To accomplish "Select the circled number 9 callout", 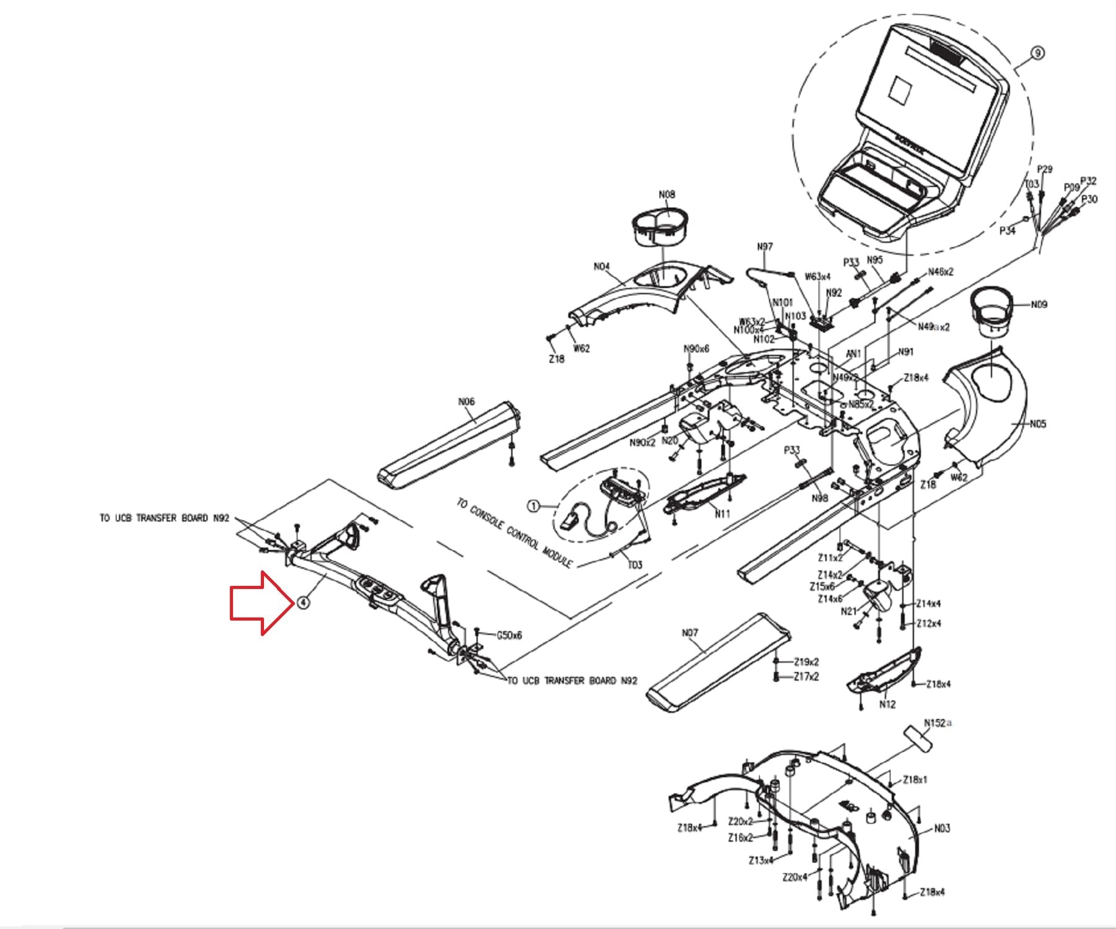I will [1037, 53].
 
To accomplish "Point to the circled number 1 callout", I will [532, 507].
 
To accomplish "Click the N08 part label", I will [667, 194].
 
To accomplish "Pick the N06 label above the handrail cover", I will [466, 401].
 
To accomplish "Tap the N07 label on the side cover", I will [690, 632].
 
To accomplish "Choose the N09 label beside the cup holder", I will [1039, 305].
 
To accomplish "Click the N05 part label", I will [1038, 424].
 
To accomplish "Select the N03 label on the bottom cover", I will [942, 828].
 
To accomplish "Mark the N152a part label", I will [938, 723].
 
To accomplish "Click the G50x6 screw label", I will [509, 635].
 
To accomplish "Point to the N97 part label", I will [765, 246].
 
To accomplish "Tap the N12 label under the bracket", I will [887, 704].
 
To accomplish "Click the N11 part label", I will [723, 513].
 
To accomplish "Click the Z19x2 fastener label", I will [806, 662].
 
